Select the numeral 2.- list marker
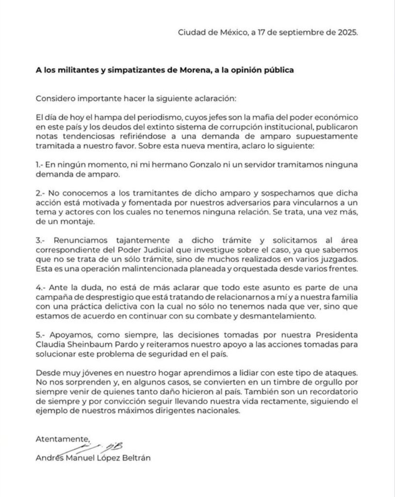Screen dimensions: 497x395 [x=41, y=193]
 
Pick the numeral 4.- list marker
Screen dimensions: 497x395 [x=41, y=284]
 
